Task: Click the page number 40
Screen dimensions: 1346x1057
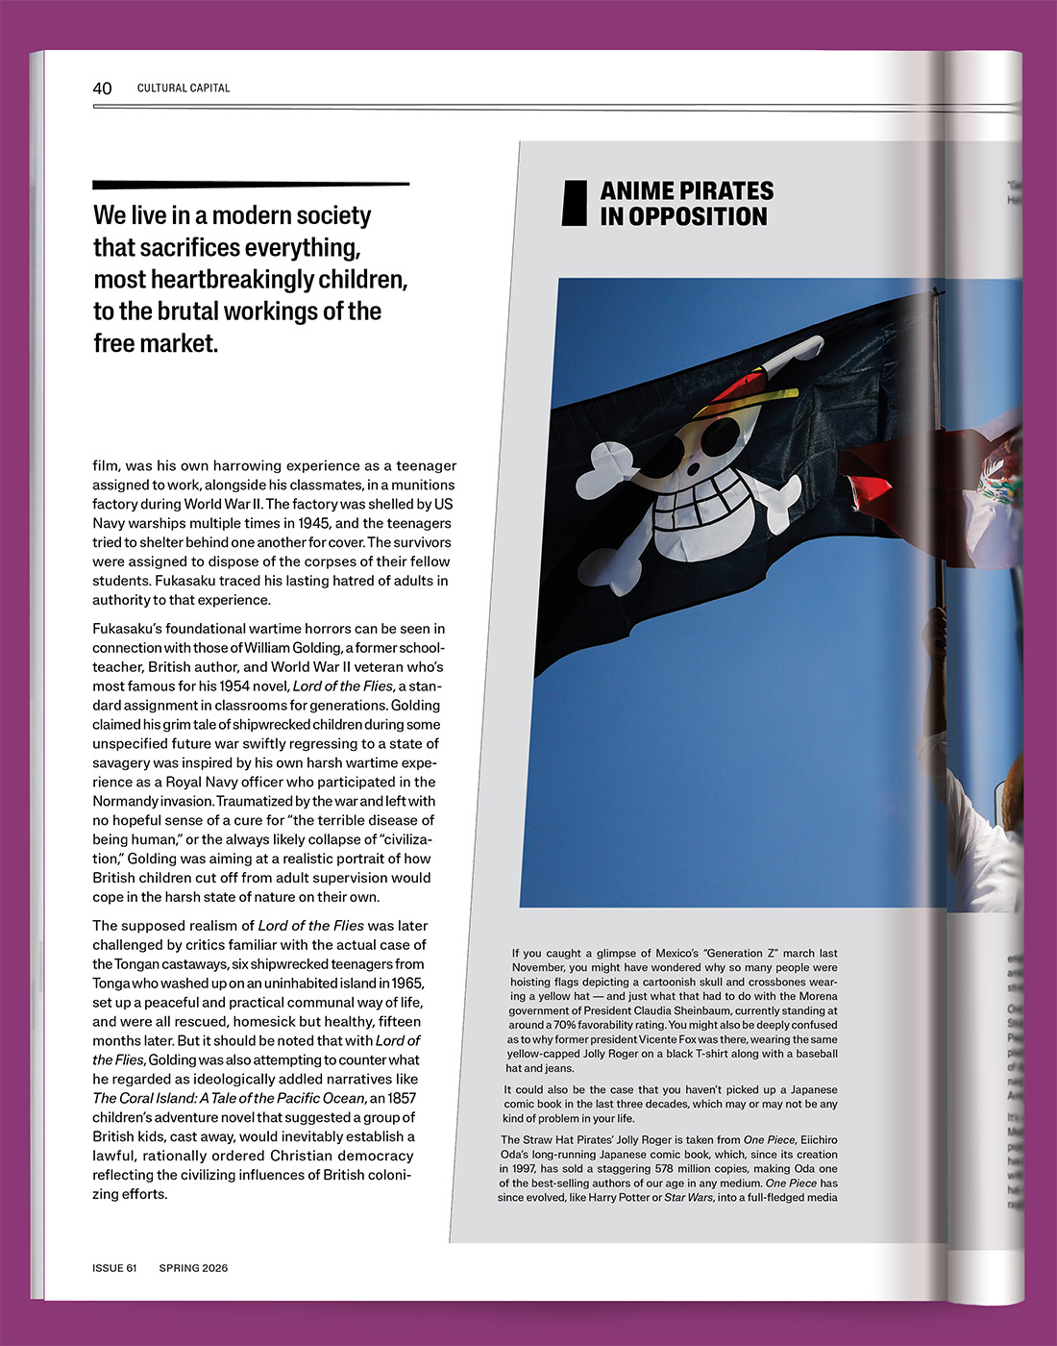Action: pyautogui.click(x=102, y=88)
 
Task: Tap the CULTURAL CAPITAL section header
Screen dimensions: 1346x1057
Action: pyautogui.click(x=184, y=88)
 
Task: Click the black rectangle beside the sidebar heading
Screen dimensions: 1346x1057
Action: pyautogui.click(x=575, y=203)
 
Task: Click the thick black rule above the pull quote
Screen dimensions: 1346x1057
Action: pyautogui.click(x=251, y=184)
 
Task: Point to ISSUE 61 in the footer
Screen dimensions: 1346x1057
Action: pyautogui.click(x=114, y=1268)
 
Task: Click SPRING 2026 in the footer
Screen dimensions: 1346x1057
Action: pyautogui.click(x=193, y=1268)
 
